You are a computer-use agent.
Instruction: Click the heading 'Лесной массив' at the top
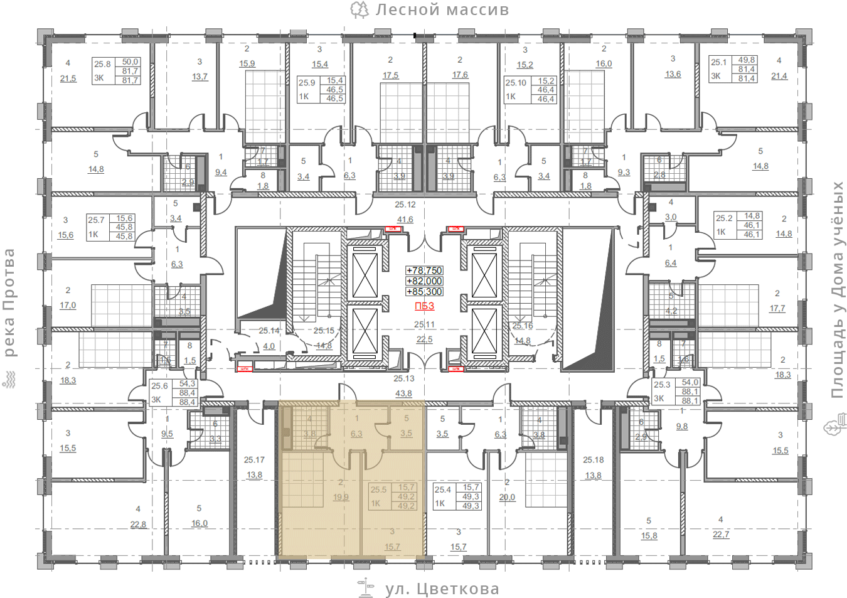[442, 10]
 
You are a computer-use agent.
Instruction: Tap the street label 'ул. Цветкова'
[442, 589]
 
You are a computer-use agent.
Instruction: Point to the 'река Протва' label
[9, 302]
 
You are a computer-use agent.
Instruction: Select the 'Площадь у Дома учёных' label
[838, 289]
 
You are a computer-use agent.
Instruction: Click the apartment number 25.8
[102, 64]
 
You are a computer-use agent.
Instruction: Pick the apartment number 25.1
[718, 62]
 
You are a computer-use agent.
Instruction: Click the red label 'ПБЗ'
[424, 306]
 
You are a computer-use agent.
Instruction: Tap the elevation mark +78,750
[425, 270]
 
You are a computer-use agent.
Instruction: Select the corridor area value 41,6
[405, 220]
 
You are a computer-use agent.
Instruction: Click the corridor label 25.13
[404, 378]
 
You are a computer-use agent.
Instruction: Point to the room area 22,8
[138, 525]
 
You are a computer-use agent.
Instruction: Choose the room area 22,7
[721, 535]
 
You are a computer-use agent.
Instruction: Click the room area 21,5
[68, 78]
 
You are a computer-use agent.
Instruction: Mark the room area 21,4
[779, 76]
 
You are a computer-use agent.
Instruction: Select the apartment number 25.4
[443, 489]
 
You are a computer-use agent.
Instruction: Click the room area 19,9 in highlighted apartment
[341, 497]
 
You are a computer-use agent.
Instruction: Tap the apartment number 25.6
[159, 386]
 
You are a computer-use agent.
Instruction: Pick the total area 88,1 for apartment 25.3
[690, 400]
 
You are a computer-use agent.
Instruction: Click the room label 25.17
[254, 460]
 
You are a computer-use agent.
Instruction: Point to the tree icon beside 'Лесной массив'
[360, 9]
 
